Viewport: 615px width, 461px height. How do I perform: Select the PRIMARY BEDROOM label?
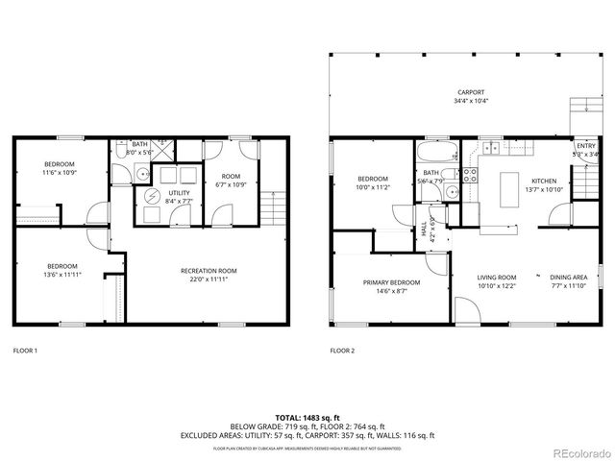pos(391,282)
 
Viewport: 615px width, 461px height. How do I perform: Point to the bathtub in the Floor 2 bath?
pos(437,153)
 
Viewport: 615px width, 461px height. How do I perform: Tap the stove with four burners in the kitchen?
pos(471,175)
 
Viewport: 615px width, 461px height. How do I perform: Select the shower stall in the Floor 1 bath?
pos(164,150)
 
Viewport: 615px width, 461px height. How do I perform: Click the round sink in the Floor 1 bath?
pos(140,174)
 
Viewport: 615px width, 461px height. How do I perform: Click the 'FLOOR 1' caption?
pos(25,351)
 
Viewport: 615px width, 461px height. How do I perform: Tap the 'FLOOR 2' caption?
pos(342,351)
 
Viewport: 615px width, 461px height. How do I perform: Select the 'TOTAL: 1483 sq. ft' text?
pos(307,417)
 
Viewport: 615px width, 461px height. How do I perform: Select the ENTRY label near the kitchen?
pos(585,146)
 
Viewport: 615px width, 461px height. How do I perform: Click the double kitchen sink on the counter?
pos(491,148)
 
